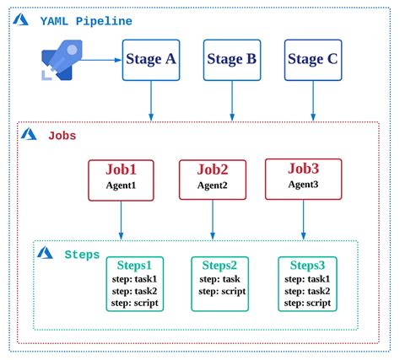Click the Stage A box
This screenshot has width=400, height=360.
151,59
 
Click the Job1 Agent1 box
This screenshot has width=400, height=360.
121,177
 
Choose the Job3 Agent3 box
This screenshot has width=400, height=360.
303,176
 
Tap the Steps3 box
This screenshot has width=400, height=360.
306,283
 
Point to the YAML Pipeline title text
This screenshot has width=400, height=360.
84,19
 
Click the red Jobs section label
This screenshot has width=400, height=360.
61,135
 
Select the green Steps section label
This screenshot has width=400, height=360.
82,254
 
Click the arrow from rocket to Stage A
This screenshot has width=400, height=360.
100,60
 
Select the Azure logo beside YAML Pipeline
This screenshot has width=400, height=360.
22,19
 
